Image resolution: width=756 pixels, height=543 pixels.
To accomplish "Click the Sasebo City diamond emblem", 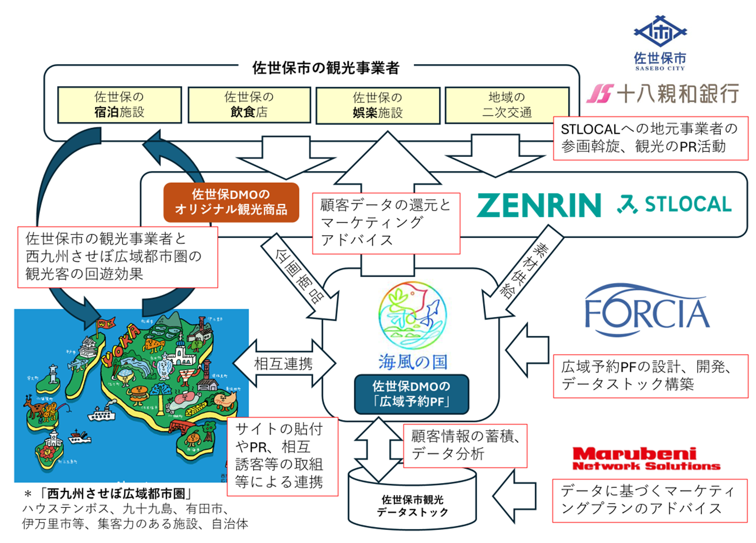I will [660, 32].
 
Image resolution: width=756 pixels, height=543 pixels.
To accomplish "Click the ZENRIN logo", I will [539, 205].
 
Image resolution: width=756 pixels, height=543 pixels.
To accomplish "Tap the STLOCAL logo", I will [674, 205].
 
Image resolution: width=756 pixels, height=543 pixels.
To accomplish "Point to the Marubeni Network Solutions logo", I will [646, 459].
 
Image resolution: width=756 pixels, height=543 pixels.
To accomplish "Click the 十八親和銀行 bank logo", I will [663, 93].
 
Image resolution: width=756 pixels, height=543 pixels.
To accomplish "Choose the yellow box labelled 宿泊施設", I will [119, 105].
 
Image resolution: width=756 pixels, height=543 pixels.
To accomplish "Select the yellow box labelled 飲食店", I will [249, 105].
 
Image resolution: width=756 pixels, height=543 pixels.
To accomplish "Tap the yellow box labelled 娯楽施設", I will [378, 105].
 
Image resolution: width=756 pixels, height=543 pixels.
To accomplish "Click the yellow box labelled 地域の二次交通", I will [507, 105].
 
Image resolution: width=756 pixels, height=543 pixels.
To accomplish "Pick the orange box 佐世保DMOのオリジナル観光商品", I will [231, 202].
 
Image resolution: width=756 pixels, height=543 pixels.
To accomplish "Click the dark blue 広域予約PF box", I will [411, 394].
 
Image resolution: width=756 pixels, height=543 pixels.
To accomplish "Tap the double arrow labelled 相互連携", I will [283, 364].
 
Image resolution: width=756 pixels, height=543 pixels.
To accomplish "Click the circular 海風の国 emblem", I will [412, 315].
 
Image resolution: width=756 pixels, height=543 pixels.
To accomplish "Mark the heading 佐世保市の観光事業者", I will [326, 68].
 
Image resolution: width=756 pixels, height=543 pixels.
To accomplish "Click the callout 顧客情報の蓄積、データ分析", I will [465, 445].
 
